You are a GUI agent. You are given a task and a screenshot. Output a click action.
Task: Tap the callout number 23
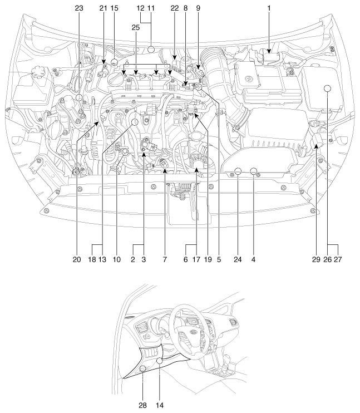[x=80, y=8]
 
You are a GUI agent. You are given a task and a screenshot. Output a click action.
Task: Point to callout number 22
[x=174, y=8]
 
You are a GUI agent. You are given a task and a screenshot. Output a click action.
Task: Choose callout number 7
[x=165, y=259]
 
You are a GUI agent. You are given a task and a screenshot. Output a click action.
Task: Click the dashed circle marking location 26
[x=328, y=88]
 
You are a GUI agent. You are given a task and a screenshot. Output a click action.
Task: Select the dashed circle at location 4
[x=254, y=171]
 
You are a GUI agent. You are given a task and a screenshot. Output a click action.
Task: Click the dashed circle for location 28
[x=142, y=368]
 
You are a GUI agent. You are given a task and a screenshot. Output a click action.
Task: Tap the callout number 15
[x=115, y=8]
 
